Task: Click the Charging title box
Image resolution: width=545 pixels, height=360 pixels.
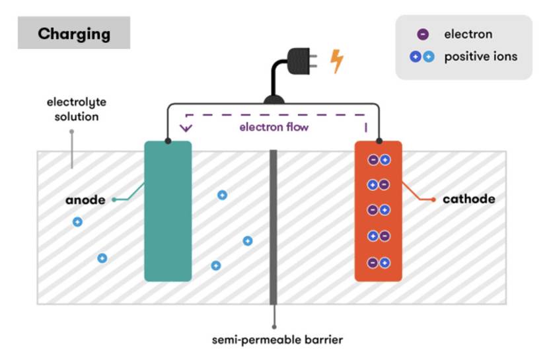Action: coord(74,32)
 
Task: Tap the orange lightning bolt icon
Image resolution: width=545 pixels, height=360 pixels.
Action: coord(336,61)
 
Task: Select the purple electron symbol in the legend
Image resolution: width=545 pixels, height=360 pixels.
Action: coord(423,34)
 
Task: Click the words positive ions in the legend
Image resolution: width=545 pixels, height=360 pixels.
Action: coord(481,56)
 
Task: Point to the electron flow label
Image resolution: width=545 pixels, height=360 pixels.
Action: coord(274,127)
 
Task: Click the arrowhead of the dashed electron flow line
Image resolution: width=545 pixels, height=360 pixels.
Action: coord(186,128)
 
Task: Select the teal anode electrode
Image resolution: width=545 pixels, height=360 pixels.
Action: coord(168,211)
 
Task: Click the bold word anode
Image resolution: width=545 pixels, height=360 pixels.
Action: coord(85,199)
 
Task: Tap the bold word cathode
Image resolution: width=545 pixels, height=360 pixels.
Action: coord(469,199)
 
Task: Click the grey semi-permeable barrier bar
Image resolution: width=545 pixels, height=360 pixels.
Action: coord(273,227)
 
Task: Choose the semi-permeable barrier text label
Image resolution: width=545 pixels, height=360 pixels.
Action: coord(277,340)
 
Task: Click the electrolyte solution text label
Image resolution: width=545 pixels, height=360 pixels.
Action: coord(77,109)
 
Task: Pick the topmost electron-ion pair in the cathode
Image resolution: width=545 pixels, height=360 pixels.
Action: coord(379,160)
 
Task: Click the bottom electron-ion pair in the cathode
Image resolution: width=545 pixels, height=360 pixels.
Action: coord(379,263)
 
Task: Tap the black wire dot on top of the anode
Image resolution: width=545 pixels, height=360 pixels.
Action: coord(168,141)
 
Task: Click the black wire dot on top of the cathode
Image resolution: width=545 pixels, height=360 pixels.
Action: coord(379,141)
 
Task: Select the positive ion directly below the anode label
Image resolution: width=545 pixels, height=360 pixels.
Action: coord(77,222)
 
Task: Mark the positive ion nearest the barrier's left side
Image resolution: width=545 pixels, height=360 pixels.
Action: coord(248,241)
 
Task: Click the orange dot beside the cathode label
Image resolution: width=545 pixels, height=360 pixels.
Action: coord(433,199)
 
